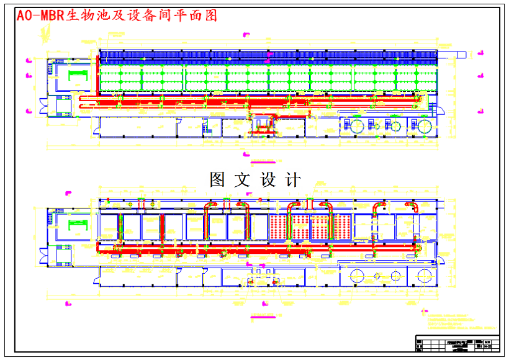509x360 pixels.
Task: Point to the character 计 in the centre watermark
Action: (292, 180)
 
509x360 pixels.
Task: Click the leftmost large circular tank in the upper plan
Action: (358, 126)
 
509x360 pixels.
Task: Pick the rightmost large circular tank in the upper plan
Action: (425, 126)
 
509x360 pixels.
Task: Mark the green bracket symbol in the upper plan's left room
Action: (77, 75)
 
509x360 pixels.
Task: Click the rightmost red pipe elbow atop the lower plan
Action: (411, 205)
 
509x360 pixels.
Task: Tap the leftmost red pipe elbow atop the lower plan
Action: (142, 203)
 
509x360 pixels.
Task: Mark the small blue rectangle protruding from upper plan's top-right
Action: (461, 55)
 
